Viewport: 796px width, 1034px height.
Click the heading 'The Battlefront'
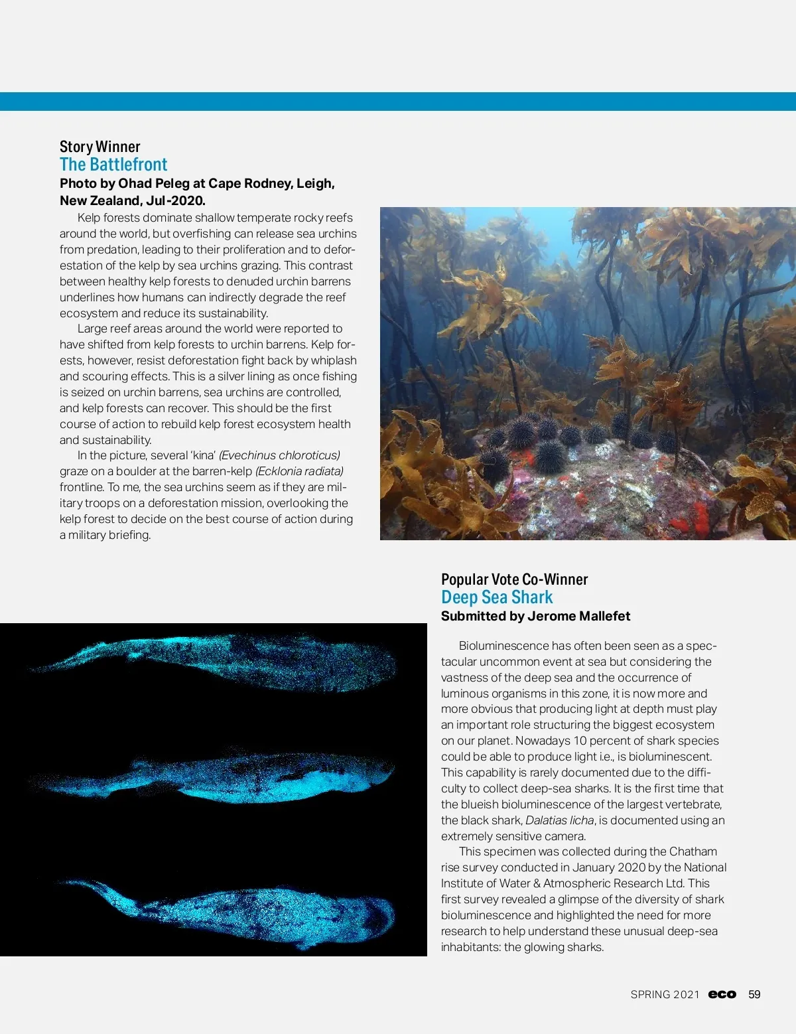(113, 165)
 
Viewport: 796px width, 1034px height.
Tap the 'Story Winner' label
(100, 147)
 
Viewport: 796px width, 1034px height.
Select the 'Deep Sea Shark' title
(497, 597)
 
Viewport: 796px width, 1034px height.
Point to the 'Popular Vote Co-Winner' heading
(514, 579)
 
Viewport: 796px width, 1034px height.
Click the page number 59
(754, 994)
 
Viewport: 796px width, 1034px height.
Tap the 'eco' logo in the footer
(722, 994)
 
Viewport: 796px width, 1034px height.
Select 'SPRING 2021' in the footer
(665, 994)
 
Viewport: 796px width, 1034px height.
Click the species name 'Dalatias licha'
(559, 820)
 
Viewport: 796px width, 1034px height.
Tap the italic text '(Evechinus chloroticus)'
(279, 455)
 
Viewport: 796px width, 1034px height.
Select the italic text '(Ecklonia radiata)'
(299, 471)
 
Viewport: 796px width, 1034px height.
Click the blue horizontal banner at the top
(398, 102)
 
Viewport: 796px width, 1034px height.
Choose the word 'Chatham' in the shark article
(693, 851)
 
